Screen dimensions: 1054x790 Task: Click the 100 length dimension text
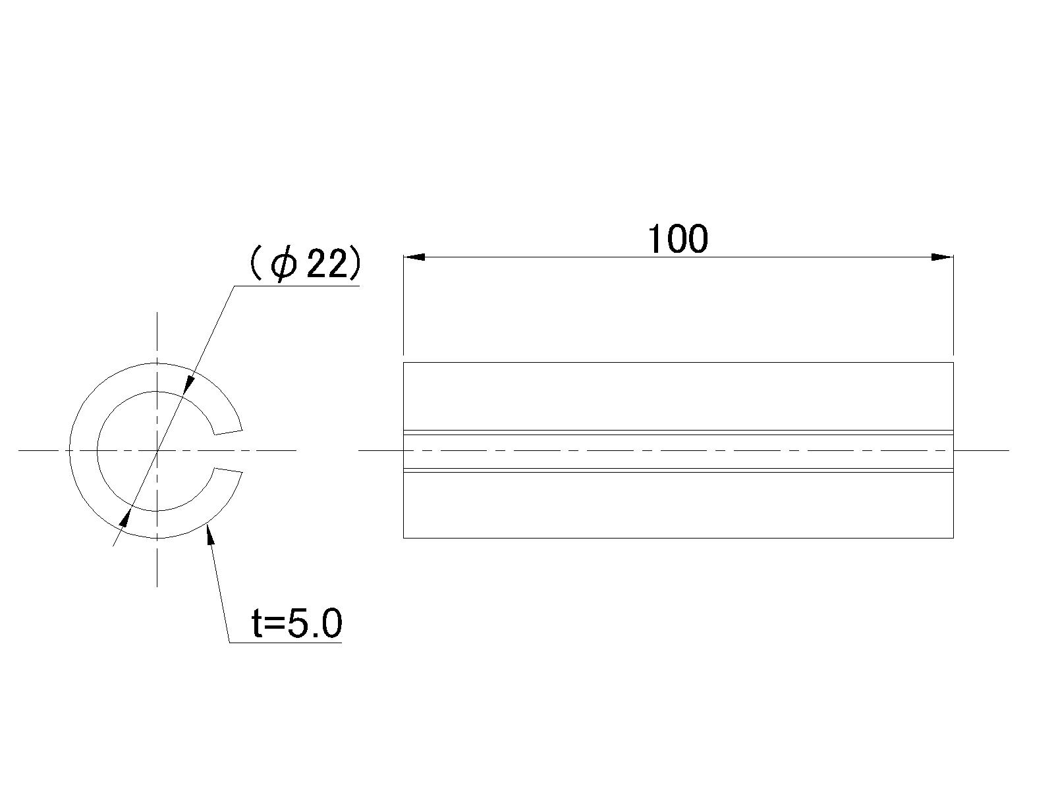coord(678,239)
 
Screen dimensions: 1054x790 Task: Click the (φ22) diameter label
coord(304,264)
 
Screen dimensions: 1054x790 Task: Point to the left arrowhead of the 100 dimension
coord(414,257)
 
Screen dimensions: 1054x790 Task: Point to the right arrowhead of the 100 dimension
coord(943,257)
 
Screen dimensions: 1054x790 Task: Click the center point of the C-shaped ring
coord(157,450)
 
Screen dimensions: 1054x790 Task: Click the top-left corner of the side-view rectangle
coord(403,362)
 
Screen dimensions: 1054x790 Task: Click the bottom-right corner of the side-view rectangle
coord(953,538)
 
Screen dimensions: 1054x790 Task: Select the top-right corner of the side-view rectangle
coord(953,362)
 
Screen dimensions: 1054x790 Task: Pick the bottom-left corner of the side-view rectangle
coord(403,538)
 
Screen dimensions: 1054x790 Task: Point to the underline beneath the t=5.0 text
coord(285,643)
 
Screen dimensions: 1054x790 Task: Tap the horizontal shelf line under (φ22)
coord(296,286)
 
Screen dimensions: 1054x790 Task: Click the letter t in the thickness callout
coord(258,623)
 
